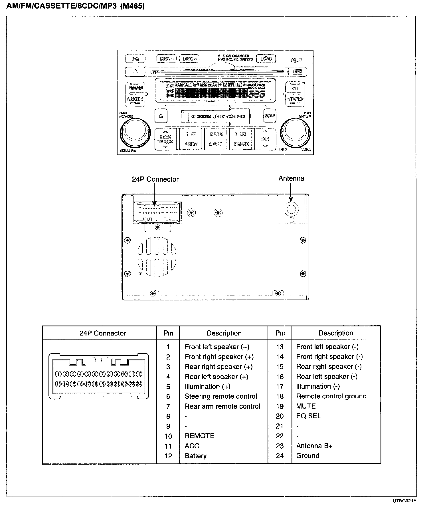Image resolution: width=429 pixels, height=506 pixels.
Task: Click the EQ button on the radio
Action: tap(135, 59)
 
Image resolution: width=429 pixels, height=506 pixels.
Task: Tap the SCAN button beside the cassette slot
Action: tap(270, 116)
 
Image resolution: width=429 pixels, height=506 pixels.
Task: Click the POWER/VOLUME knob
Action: tap(135, 132)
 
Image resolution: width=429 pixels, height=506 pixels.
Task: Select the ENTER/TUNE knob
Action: tap(296, 132)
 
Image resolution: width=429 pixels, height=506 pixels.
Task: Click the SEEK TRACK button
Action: tap(165, 139)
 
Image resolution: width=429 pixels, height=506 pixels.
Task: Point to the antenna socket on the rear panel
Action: tap(291, 209)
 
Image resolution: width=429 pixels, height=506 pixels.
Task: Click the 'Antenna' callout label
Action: tap(291, 178)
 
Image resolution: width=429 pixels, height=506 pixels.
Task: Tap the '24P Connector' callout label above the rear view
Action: tap(155, 179)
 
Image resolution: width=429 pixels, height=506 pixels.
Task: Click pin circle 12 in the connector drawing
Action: tap(139, 374)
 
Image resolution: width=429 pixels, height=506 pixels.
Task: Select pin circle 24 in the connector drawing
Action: tap(139, 384)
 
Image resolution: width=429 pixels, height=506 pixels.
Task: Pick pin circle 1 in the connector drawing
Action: tap(58, 374)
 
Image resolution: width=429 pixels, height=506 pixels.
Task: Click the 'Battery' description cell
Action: tap(196, 456)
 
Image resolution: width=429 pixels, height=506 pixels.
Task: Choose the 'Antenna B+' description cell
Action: tap(314, 446)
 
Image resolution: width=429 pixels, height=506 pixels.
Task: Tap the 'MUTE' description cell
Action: tap(306, 406)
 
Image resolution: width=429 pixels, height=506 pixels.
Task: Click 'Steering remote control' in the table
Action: tap(221, 396)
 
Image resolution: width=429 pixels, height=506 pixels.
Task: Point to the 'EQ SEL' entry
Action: tap(308, 416)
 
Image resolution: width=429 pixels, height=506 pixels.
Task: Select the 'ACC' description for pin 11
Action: tap(192, 446)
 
